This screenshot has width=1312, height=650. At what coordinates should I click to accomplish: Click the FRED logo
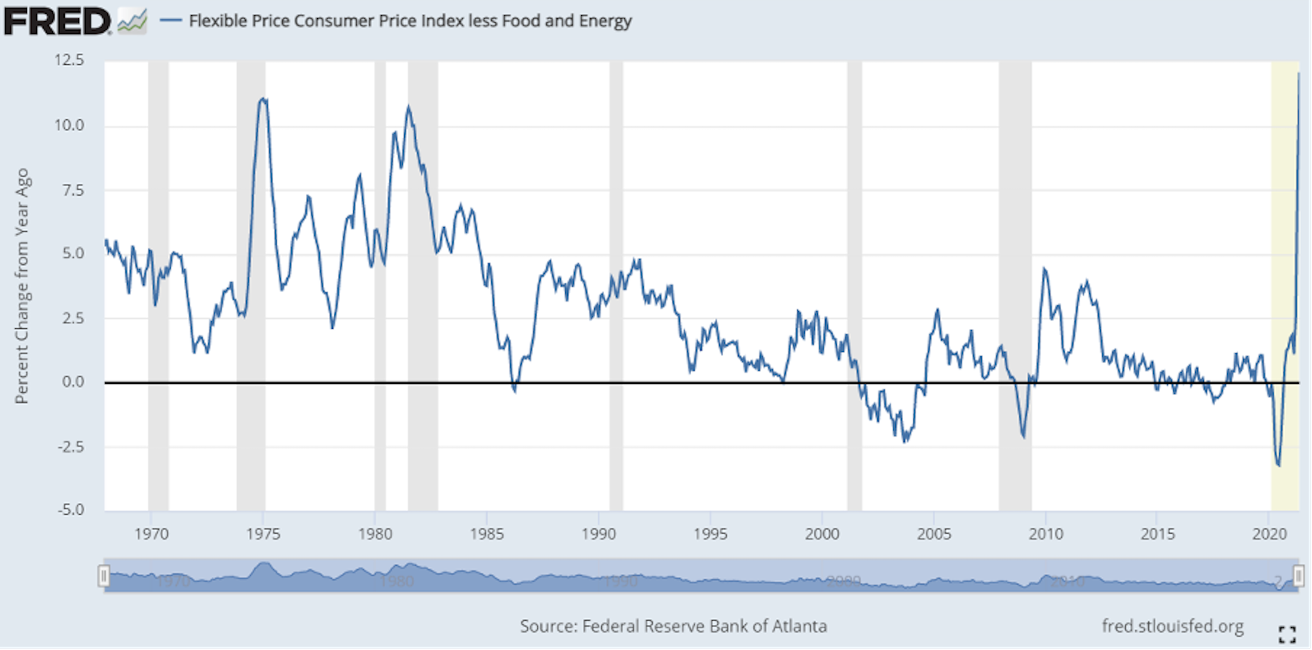click(57, 21)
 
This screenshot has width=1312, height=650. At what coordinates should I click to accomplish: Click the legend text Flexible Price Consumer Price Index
click(410, 21)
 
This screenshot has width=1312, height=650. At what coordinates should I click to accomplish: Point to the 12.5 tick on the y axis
click(69, 61)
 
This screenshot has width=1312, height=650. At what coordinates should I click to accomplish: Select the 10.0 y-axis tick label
click(69, 125)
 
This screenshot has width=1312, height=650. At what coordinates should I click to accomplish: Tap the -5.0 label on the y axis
click(70, 509)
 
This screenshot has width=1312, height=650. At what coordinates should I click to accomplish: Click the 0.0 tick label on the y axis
click(72, 382)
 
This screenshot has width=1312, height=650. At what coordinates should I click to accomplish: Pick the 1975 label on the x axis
click(263, 534)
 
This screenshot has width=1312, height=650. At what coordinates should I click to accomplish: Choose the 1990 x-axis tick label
click(599, 534)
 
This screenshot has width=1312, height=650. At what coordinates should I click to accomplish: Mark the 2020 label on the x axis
click(1269, 534)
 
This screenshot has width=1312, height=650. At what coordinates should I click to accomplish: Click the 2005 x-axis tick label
click(934, 534)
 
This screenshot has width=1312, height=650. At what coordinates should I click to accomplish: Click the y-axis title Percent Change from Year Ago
click(22, 286)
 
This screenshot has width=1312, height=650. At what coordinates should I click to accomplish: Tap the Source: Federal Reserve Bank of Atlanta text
click(673, 626)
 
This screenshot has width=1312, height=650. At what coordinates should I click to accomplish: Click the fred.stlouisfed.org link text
click(1172, 626)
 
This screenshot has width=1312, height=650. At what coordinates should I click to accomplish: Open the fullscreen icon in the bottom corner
click(1287, 634)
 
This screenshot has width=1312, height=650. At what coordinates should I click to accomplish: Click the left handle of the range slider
click(104, 576)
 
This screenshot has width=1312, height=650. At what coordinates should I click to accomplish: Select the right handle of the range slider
click(1299, 576)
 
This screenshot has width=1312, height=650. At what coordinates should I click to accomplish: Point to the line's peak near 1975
click(263, 99)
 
